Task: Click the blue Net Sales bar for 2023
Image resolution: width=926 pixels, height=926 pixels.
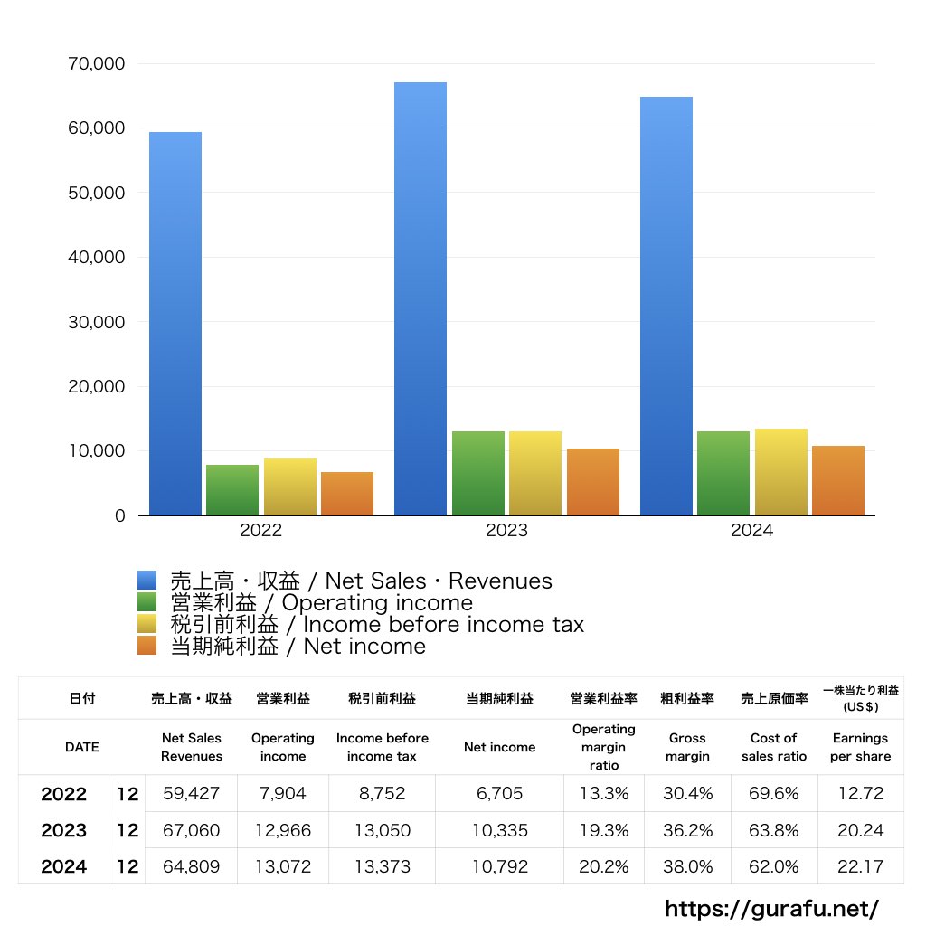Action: tap(420, 298)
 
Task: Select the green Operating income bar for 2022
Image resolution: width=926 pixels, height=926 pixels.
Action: tap(232, 490)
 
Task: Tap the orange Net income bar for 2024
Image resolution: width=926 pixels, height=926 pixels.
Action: tap(838, 481)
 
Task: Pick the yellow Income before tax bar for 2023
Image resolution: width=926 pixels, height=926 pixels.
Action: tap(535, 474)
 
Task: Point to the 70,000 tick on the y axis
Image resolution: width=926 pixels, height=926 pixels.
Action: tap(97, 64)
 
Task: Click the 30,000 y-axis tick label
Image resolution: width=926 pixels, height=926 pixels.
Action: tap(97, 322)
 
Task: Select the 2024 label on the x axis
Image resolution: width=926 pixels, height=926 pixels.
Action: tap(752, 532)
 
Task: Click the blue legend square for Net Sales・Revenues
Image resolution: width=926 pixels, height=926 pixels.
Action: tap(146, 581)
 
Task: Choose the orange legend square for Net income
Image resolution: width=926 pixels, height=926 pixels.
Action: tap(146, 646)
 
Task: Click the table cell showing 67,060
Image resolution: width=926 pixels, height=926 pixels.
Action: tap(191, 830)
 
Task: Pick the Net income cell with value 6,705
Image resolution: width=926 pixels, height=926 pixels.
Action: tap(499, 794)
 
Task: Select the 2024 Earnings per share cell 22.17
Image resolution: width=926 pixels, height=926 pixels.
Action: tap(860, 866)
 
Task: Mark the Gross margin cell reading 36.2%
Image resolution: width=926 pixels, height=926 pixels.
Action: tap(687, 830)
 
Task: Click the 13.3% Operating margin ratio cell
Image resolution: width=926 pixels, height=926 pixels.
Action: tap(603, 794)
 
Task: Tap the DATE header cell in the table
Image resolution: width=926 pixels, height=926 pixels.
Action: tap(81, 747)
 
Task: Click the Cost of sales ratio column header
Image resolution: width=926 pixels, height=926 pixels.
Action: tap(774, 747)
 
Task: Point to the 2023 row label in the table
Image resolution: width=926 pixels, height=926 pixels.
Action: tap(64, 830)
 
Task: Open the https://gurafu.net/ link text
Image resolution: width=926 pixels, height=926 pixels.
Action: tap(771, 908)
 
